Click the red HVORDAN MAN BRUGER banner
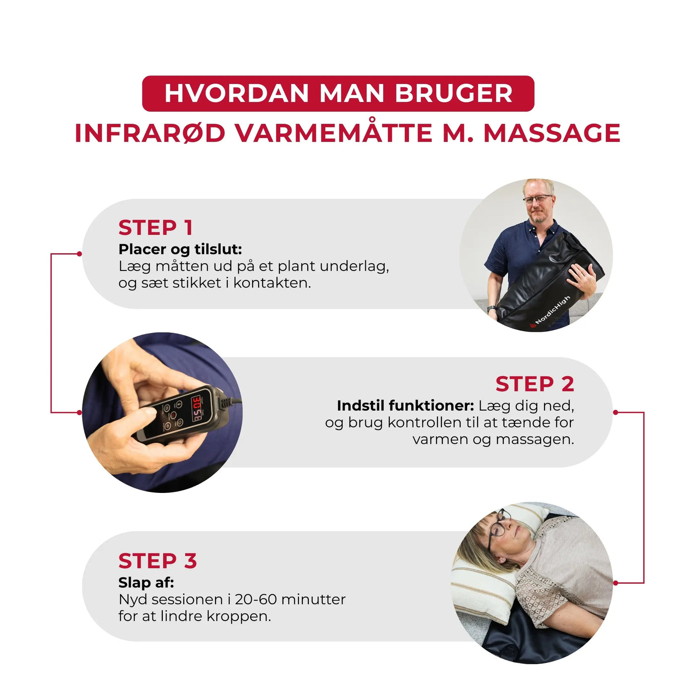338,93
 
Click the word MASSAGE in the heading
552,133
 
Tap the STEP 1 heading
155,228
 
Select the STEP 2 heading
535,384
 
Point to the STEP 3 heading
157,561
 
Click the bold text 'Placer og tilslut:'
180,249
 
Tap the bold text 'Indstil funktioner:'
405,406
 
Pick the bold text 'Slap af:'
146,582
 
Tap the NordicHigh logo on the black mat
552,311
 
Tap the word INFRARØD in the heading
150,133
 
